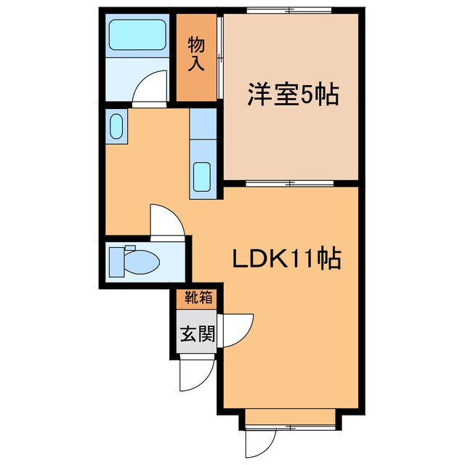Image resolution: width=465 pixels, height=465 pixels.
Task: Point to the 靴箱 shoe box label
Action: [197, 297]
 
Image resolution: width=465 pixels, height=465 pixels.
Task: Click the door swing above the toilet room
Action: [164, 219]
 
